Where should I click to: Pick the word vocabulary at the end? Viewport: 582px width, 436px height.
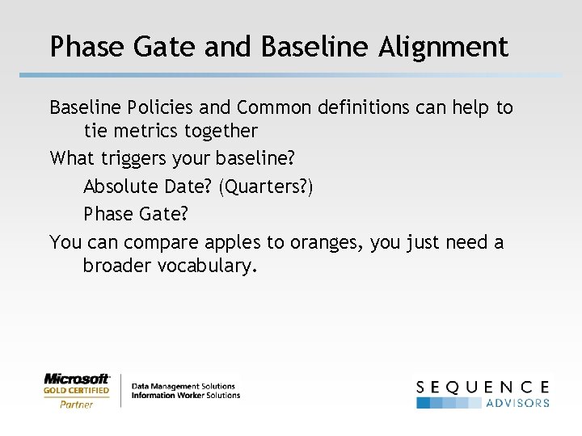[x=206, y=266]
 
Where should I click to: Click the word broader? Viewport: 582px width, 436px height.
[x=116, y=266]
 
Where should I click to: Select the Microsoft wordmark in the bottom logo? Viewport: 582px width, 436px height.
[x=77, y=378]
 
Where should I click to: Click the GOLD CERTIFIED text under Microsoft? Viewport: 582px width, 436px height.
[x=77, y=391]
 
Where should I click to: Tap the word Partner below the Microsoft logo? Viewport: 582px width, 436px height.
[x=77, y=404]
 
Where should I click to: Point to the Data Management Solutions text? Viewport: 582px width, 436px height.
[x=183, y=386]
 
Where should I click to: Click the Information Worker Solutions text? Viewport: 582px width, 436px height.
[x=186, y=396]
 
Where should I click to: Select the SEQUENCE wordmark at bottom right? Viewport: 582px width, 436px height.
[x=483, y=387]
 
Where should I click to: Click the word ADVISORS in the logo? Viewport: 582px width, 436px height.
[x=517, y=402]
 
